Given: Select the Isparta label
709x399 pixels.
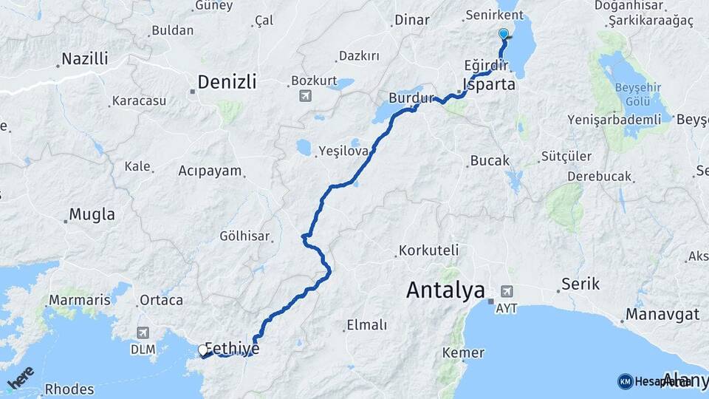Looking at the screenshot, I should click(x=488, y=84).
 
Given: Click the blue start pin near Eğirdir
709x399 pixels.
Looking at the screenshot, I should click(x=504, y=34).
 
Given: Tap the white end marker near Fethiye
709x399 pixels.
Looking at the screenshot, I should click(x=203, y=350).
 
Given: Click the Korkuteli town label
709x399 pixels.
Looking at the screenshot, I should click(x=428, y=250).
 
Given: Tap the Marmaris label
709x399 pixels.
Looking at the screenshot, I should click(x=79, y=301).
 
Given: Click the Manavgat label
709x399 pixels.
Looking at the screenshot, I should click(x=662, y=314).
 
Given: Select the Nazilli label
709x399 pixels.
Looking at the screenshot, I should click(x=84, y=58).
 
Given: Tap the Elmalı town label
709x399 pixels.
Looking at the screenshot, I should click(x=366, y=324).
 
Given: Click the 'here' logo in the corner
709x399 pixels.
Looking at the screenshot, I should click(x=20, y=378).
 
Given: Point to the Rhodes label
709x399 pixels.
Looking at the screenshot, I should click(x=69, y=389).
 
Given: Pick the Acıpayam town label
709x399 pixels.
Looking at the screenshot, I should click(x=210, y=171).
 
